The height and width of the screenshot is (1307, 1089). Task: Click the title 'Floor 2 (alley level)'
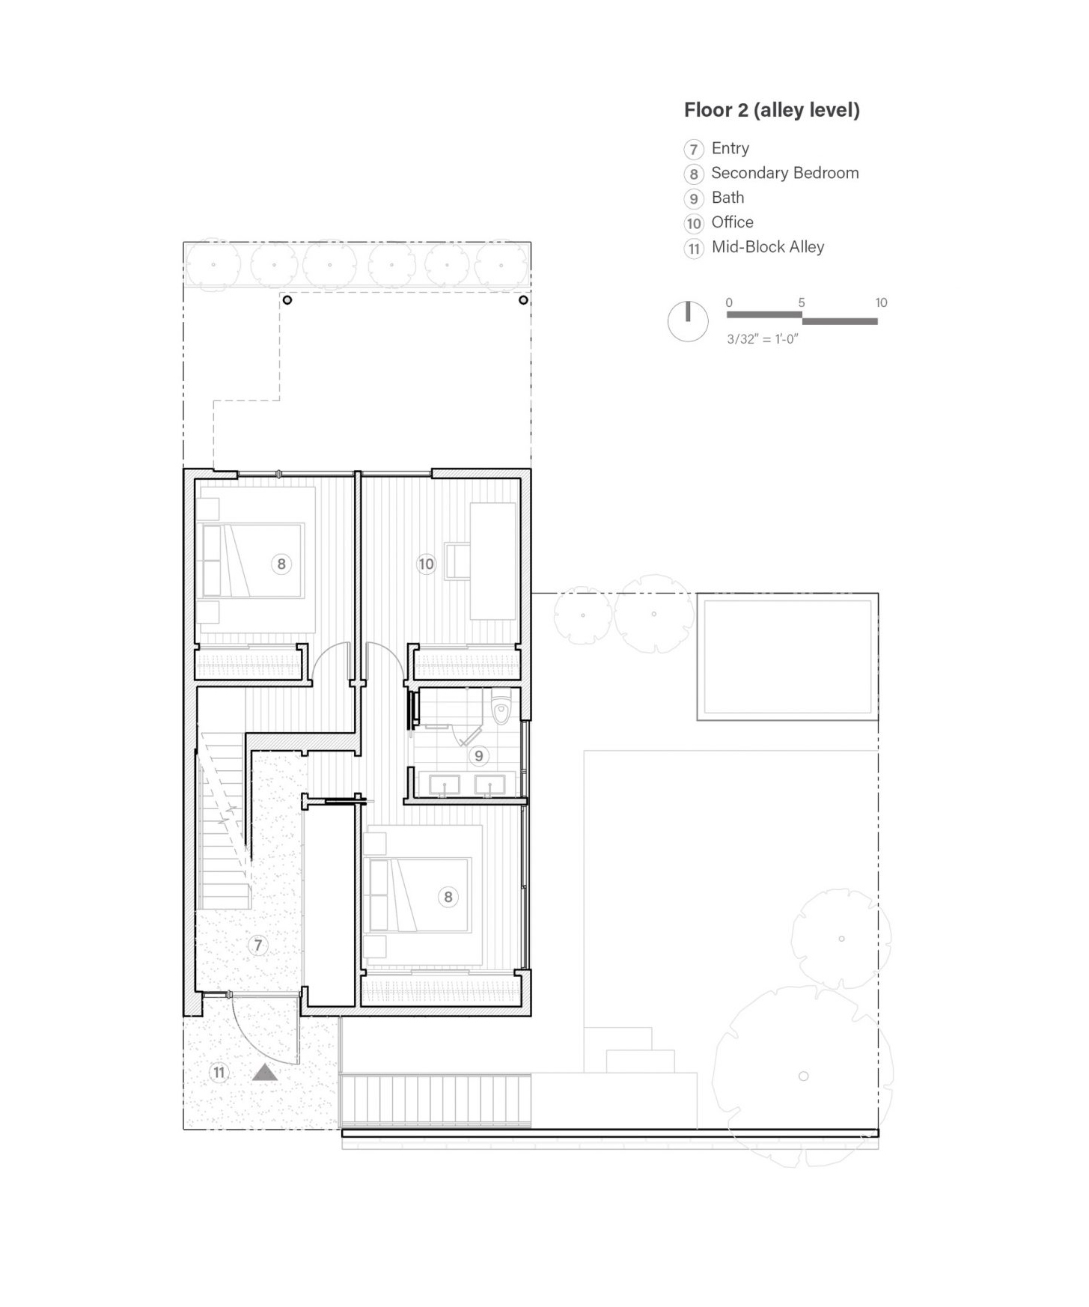pos(772,110)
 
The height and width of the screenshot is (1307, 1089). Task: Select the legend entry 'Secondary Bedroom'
pos(785,173)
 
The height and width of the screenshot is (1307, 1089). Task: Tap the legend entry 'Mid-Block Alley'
pos(768,247)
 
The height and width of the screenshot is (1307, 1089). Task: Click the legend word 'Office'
pos(733,222)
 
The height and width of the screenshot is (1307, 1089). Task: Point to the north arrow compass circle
pos(688,322)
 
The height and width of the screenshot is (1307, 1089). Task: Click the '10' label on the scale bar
pos(881,302)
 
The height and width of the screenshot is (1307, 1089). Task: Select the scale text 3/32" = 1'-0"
pos(763,339)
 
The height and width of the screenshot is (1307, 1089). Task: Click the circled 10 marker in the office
pos(426,564)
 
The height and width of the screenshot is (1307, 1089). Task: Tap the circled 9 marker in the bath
pos(479,756)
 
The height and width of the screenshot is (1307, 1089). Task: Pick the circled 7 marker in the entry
pos(258,945)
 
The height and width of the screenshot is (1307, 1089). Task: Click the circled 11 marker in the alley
pos(219,1073)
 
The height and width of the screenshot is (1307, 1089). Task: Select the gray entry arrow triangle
pos(265,1072)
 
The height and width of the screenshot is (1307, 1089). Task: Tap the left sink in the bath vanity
pos(445,785)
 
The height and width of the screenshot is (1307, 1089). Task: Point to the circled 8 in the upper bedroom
pos(281,564)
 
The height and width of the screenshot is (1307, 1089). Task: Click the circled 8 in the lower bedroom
pos(448,897)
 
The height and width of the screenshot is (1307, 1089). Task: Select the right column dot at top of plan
pos(523,300)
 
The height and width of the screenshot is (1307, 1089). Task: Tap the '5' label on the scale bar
pos(802,302)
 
